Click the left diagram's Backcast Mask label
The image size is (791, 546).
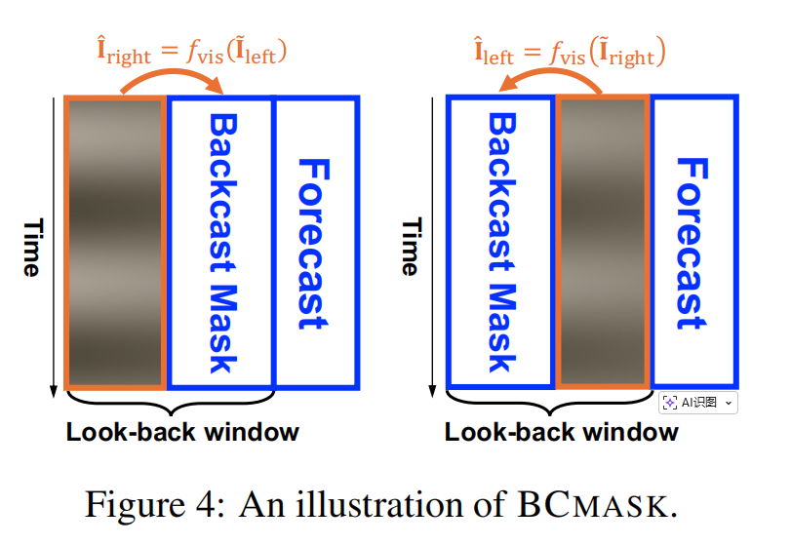222,243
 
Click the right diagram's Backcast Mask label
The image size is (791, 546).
501,243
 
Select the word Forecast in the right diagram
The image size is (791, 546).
691,243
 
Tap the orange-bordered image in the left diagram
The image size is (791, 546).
115,243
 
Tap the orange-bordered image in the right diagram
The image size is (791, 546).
601,243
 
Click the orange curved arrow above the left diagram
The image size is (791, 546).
171,78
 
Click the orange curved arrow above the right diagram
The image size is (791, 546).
550,78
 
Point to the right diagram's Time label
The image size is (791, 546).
411,246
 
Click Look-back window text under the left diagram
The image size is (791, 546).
182,432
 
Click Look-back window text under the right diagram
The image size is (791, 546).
561,432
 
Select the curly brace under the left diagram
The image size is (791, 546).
170,401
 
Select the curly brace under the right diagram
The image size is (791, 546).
549,401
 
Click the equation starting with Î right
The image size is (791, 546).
192,50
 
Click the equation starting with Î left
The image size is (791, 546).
570,50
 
